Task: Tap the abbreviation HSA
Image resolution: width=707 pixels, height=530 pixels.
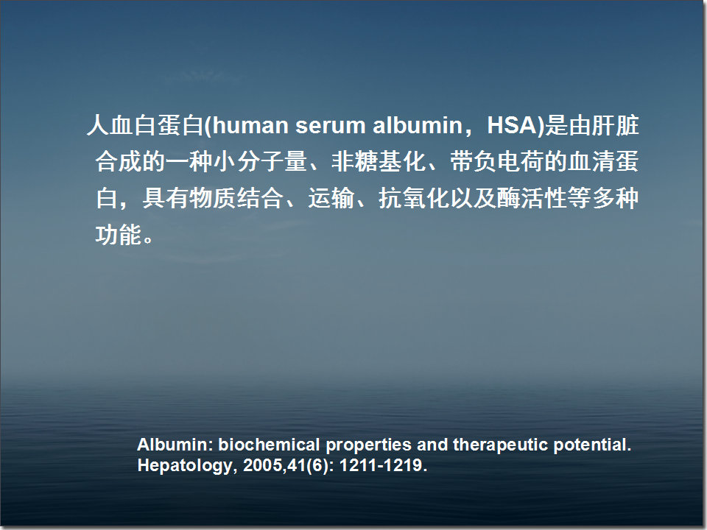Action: point(513,126)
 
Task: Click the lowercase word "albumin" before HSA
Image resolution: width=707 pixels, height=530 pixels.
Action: point(413,126)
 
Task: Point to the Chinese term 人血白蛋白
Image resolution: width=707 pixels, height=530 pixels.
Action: point(144,126)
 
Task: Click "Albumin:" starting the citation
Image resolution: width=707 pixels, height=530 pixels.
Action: point(175,445)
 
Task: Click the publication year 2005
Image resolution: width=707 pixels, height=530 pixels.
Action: point(259,466)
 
